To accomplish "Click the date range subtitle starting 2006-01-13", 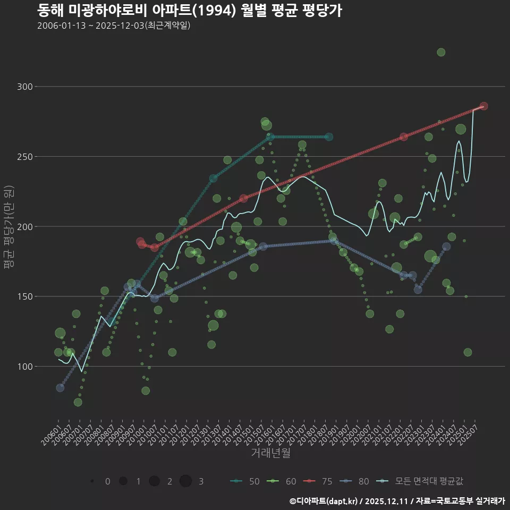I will pos(114,26).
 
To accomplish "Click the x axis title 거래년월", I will pos(270,453).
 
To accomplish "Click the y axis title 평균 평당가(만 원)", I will pos(9,228).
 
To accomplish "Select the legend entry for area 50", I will pos(245,481).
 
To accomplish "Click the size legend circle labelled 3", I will pos(185,481).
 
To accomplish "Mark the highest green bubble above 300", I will pos(441,52).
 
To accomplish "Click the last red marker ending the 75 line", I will pos(483,106).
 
